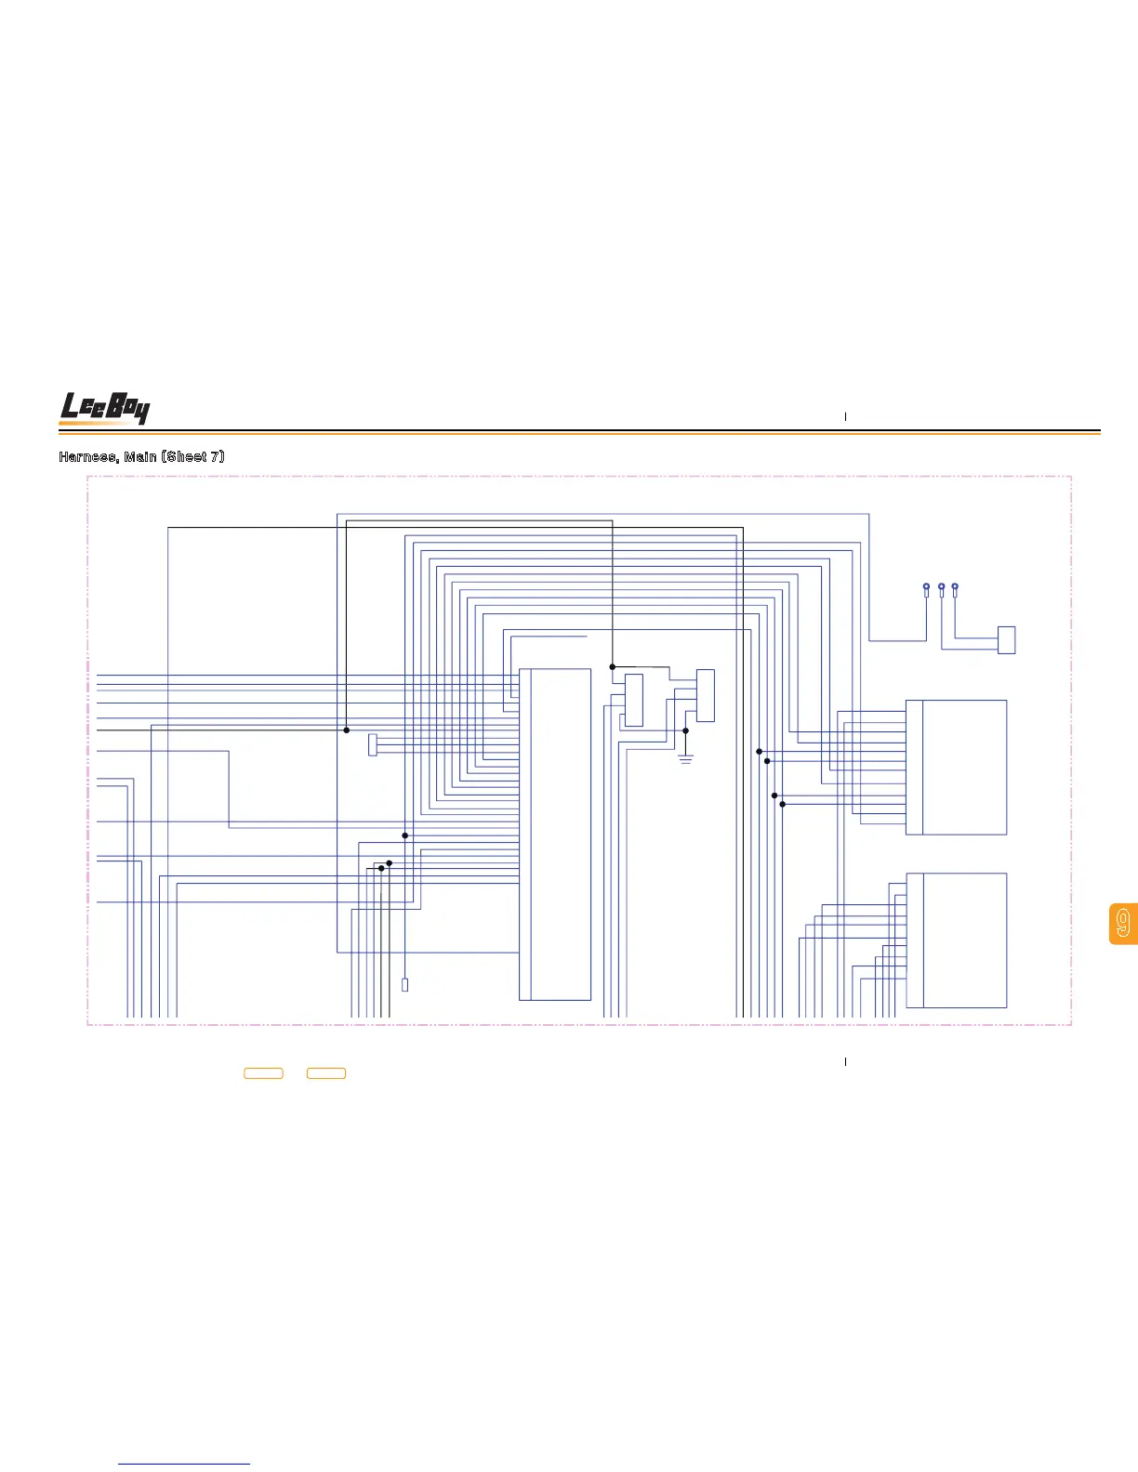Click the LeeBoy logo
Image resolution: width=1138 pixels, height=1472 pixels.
coord(104,408)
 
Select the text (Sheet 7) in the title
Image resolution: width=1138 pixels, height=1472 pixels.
coord(194,456)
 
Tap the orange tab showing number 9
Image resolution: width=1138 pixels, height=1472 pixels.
coord(1123,924)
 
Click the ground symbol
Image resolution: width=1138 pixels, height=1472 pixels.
coord(686,759)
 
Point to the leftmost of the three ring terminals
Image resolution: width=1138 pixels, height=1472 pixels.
coord(926,588)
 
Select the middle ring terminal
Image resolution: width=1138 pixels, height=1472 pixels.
coord(942,588)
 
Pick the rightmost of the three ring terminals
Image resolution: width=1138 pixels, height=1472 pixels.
coord(955,588)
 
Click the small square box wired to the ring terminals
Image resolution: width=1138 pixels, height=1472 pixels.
coord(1006,640)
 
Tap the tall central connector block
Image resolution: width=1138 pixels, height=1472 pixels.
coord(555,834)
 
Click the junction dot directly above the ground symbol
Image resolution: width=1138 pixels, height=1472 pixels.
coord(686,731)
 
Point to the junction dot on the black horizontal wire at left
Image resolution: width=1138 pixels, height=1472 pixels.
coord(347,730)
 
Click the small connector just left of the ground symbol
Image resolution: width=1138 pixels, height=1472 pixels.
coord(634,701)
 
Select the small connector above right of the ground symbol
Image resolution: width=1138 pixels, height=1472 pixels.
coord(706,695)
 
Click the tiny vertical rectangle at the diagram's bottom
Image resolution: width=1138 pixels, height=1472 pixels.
coord(405,985)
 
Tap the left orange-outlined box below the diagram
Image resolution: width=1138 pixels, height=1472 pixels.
coord(263,1073)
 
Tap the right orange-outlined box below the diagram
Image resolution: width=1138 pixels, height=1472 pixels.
coord(326,1073)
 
